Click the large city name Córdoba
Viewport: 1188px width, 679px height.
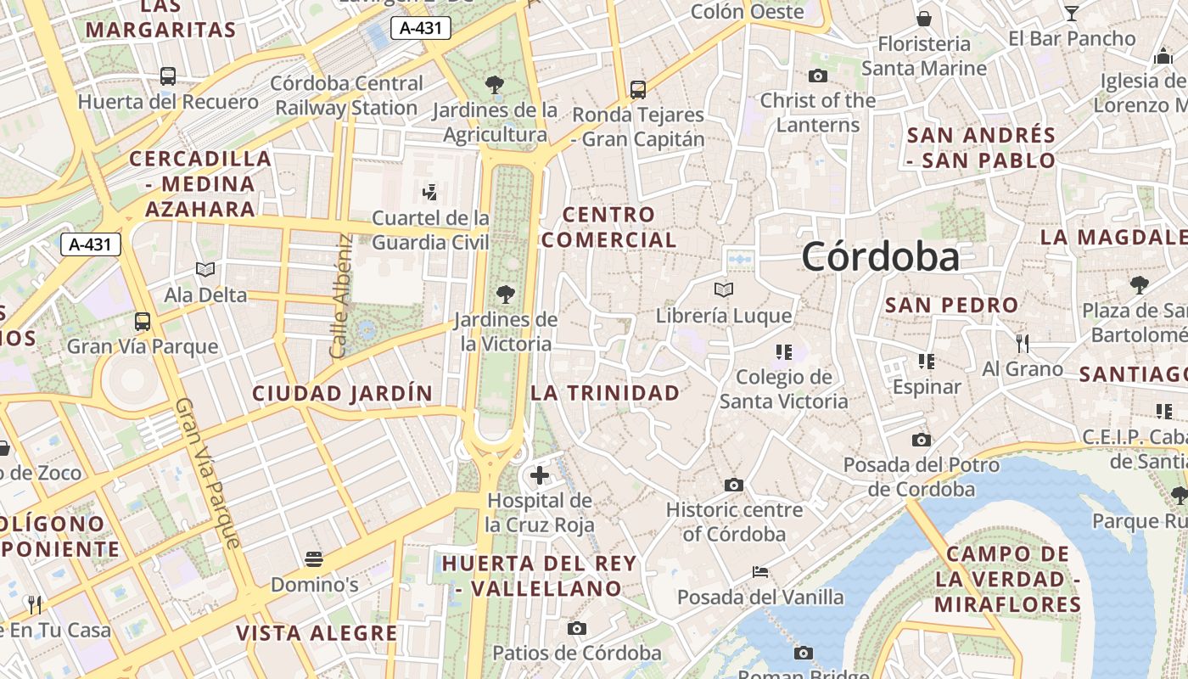pos(880,256)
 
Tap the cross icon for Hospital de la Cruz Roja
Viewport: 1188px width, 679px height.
pos(539,475)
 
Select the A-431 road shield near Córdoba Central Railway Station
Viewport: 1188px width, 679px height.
pos(420,29)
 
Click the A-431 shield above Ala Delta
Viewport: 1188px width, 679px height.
pos(91,245)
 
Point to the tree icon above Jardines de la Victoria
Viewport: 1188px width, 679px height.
pos(506,295)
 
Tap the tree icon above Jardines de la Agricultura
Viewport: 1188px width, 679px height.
pos(495,85)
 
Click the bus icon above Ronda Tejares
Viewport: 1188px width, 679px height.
pos(638,89)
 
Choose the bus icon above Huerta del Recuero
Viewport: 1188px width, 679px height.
pos(168,76)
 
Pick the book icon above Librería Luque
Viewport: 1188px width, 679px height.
pos(724,290)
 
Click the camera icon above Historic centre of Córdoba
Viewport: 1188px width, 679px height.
pos(734,485)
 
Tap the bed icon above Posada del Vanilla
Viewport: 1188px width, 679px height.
pos(760,571)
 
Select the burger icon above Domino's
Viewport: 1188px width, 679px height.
pos(314,559)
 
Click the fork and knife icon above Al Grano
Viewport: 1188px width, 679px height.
pos(1023,343)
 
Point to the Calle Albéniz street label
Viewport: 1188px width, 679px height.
pos(341,295)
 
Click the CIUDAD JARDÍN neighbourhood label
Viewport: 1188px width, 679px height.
pos(342,393)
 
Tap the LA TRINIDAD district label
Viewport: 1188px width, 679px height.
pos(605,393)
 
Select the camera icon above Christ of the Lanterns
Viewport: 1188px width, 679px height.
pos(818,76)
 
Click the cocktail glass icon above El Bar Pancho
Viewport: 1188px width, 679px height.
pos(1072,13)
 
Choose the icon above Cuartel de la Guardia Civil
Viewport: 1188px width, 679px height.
pos(430,192)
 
